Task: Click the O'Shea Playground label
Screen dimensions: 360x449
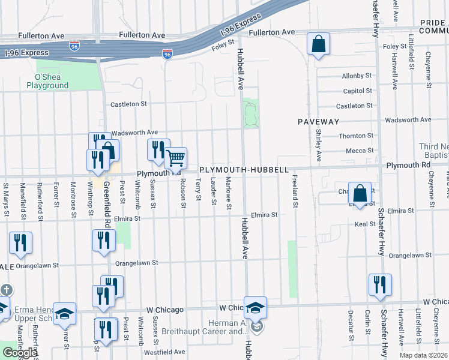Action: point(47,82)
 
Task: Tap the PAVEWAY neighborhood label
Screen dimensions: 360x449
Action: point(319,122)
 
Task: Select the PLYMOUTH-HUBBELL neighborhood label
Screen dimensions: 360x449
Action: point(244,170)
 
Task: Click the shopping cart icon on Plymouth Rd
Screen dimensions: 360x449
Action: point(176,158)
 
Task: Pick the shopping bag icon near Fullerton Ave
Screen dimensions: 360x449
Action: point(318,44)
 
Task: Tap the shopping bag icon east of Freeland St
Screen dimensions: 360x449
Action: point(360,194)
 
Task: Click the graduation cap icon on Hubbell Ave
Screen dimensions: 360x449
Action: point(255,308)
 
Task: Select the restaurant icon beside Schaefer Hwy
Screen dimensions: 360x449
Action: point(380,285)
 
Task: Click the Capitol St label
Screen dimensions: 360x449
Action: point(358,91)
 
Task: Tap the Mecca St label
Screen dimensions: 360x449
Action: point(361,151)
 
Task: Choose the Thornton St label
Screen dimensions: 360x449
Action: point(356,136)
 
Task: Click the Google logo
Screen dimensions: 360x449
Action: point(20,353)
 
